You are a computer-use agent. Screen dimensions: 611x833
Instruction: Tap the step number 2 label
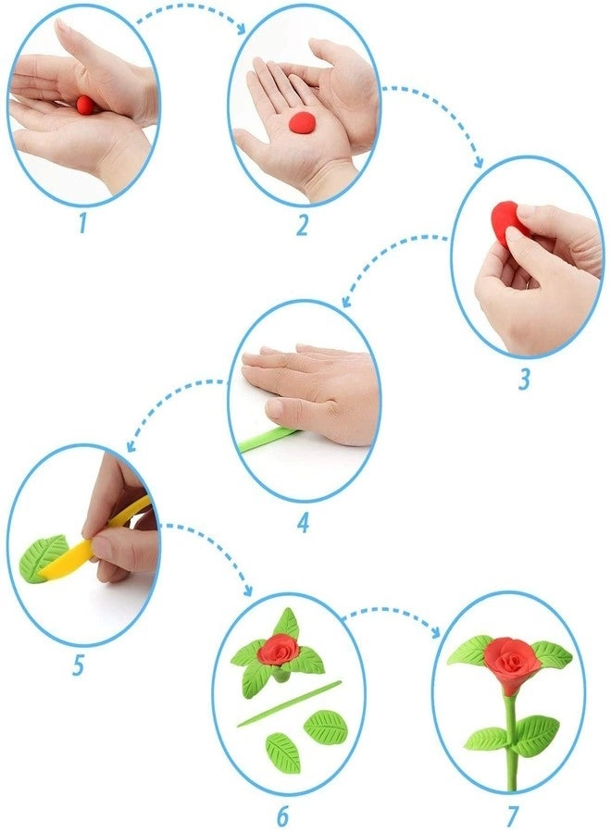point(303,225)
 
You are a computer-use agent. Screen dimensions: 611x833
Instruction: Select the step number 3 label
point(524,379)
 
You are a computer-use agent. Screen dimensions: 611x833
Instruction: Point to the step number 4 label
point(303,524)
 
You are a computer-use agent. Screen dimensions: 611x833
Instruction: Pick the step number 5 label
point(78,665)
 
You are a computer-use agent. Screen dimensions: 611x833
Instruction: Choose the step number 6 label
point(283,816)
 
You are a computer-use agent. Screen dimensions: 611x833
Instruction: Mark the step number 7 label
point(512,816)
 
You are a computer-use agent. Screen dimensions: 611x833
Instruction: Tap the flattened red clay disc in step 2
point(302,122)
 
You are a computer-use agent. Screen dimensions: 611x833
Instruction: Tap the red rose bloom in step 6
point(280,649)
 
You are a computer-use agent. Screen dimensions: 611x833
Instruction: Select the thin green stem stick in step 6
point(290,703)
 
